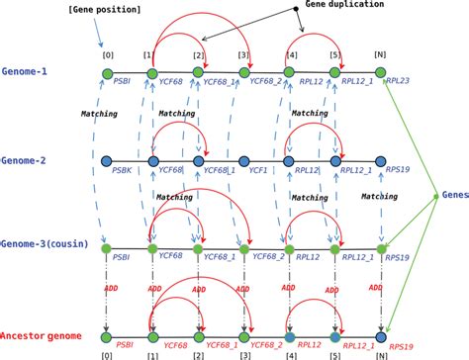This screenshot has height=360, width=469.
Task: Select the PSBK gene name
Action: [x=123, y=171]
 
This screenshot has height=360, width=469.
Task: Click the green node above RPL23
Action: [x=381, y=74]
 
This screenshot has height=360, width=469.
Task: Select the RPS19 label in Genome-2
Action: [x=399, y=171]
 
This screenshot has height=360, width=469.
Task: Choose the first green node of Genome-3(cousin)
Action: [x=108, y=245]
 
